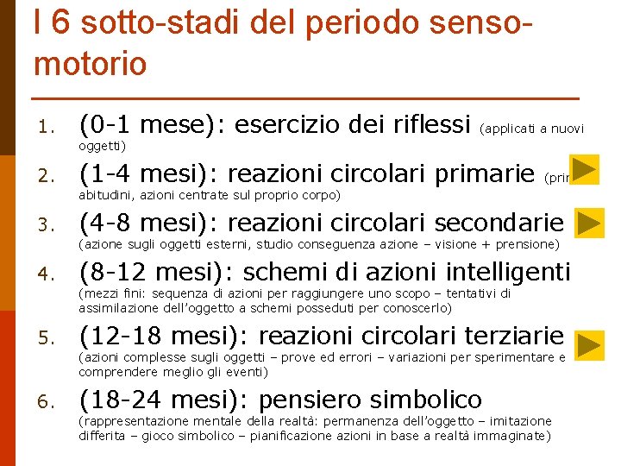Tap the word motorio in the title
91,63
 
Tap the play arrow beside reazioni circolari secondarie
590,223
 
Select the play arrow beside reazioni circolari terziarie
590,345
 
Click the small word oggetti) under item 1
103,145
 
